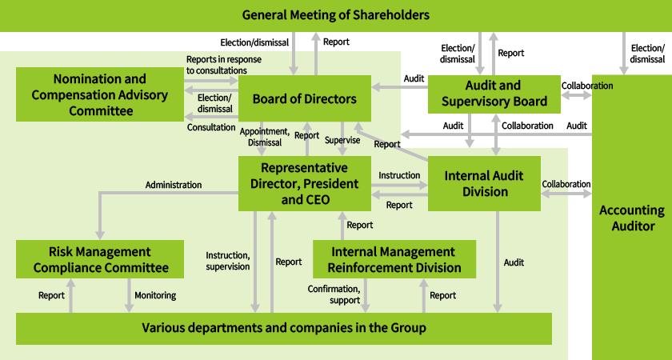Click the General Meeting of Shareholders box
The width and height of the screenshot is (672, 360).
pos(335,15)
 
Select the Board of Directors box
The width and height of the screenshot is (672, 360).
pos(304,99)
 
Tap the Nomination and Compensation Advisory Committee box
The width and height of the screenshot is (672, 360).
pos(100,94)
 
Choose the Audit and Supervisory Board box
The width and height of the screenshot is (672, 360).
pos(494,94)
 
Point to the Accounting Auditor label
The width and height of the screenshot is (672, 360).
pos(631,218)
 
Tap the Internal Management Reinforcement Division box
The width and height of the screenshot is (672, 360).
pos(394,259)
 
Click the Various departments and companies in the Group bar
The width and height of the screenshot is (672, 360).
pos(283,328)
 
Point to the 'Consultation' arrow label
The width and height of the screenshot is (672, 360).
pos(211,127)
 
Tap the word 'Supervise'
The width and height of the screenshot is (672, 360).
pos(342,140)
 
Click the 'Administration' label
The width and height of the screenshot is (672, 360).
pos(173,185)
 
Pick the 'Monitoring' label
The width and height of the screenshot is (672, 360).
pos(154,295)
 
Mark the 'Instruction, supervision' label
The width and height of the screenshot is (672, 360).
pos(228,261)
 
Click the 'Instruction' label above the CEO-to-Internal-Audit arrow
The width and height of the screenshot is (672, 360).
pos(399,175)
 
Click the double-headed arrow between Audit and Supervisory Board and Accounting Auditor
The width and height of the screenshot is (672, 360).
pos(577,95)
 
